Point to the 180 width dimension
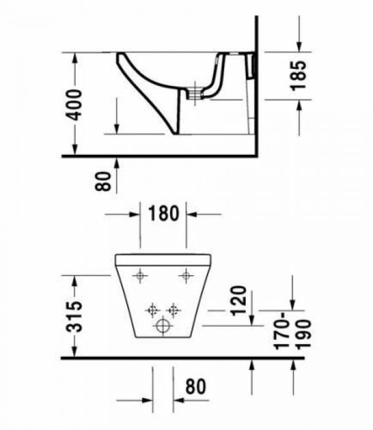point(163,214)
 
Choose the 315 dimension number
point(74,316)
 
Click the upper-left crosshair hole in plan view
point(141,276)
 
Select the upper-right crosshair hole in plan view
point(185,276)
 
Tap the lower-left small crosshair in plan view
point(152,309)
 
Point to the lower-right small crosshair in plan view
point(174,309)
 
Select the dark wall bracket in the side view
point(251,65)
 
